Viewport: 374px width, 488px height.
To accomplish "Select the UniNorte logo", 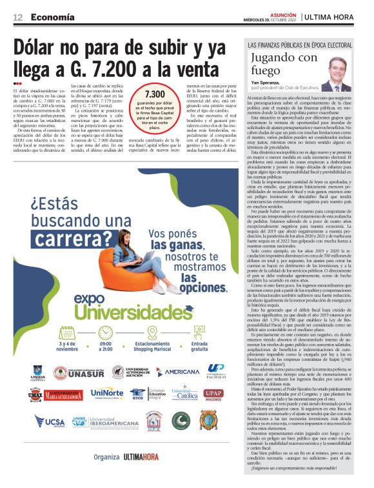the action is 106,393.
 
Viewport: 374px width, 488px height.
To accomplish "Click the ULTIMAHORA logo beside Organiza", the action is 141,474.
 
